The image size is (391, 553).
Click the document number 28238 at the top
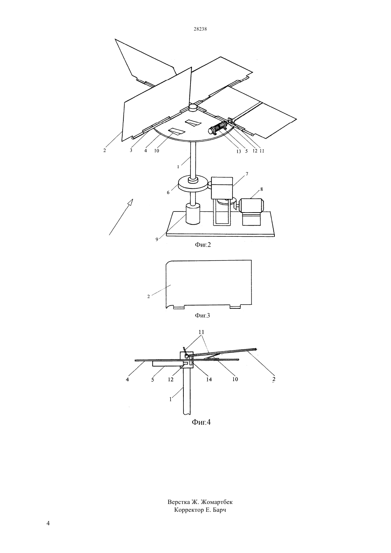pyautogui.click(x=200, y=29)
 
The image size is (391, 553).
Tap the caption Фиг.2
pyautogui.click(x=203, y=245)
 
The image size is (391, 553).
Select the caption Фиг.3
pyautogui.click(x=202, y=315)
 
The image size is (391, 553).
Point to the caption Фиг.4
pyautogui.click(x=201, y=422)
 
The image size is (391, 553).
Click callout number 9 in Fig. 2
pyautogui.click(x=157, y=239)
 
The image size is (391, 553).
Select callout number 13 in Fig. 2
pyautogui.click(x=239, y=152)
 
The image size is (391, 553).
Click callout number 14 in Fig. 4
pyautogui.click(x=209, y=380)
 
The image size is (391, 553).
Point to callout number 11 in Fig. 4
pyautogui.click(x=202, y=332)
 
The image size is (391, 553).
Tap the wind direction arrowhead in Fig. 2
pyautogui.click(x=130, y=202)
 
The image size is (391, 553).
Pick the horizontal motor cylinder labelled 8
pyautogui.click(x=251, y=205)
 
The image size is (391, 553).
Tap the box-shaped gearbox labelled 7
pyautogui.click(x=222, y=188)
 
